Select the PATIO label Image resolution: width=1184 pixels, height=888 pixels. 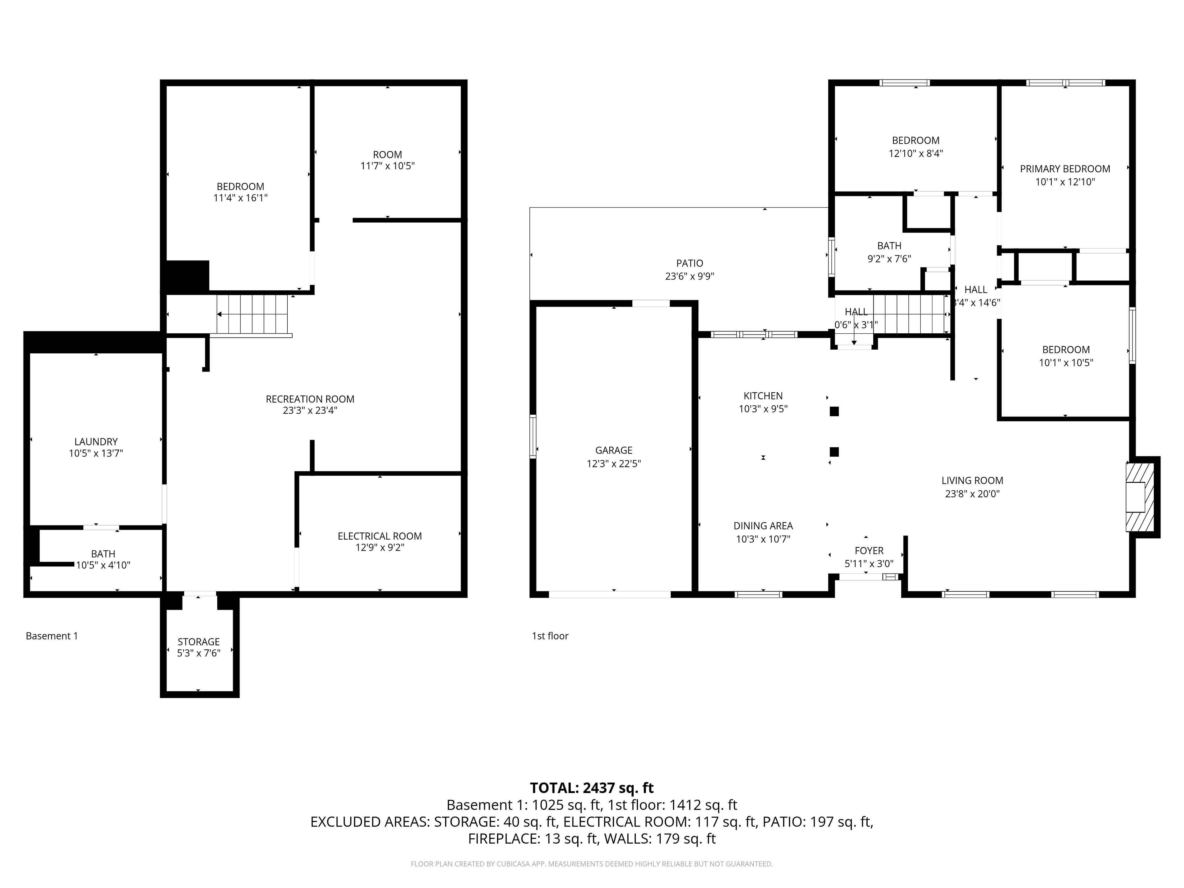[689, 263]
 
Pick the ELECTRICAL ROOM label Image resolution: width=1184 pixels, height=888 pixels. [380, 536]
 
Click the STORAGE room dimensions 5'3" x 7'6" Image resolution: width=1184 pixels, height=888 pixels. [199, 653]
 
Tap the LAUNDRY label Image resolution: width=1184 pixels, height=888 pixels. [96, 442]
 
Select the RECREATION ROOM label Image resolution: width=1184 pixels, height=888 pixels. [310, 399]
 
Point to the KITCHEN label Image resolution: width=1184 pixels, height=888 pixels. [763, 396]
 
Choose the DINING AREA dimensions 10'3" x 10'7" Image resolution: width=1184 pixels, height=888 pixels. [763, 539]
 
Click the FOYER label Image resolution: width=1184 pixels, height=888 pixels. [869, 550]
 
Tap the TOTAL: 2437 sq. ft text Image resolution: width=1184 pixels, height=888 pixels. [591, 788]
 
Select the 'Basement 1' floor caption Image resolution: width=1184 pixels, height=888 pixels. [52, 636]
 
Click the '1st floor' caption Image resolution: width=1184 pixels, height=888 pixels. [550, 636]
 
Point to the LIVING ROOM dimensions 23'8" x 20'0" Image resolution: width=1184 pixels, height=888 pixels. [972, 494]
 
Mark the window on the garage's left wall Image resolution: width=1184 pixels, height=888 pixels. [532, 436]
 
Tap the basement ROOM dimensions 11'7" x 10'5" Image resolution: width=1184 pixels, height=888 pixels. [388, 166]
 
